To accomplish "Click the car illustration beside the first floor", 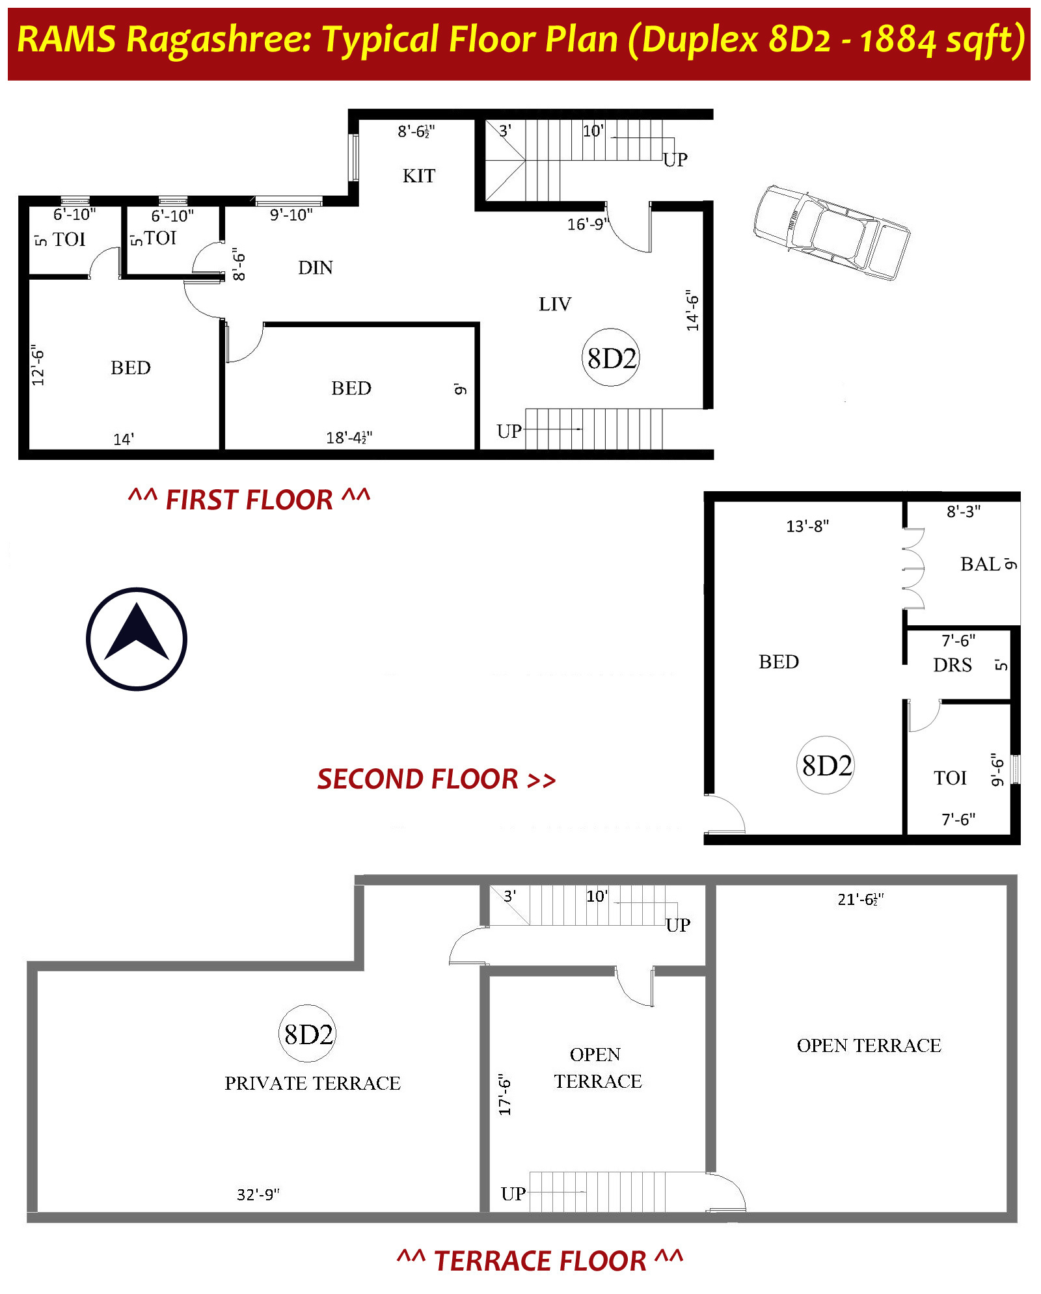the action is coord(831,232).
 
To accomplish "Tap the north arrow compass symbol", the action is coord(137,639).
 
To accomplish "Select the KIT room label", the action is coord(419,176).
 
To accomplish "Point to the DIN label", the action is coord(316,267).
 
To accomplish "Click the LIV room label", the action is coord(555,304).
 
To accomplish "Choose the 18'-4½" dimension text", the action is coord(349,438).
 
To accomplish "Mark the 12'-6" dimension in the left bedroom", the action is coord(38,365).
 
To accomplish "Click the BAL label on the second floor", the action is coord(980,564).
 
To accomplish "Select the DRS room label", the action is coord(953,665).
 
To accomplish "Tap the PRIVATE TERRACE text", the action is coord(312,1083).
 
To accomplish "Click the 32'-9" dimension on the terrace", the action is coord(258,1194).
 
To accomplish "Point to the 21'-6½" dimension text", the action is coord(861,899).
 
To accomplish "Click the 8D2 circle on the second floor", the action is coord(826,765).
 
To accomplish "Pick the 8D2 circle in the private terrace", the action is coord(308,1034).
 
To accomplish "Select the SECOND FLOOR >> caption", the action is coord(436,779).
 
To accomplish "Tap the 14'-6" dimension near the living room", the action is coord(692,310).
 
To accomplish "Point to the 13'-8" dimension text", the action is coord(807,526).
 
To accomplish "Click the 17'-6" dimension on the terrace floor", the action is coord(505,1095).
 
